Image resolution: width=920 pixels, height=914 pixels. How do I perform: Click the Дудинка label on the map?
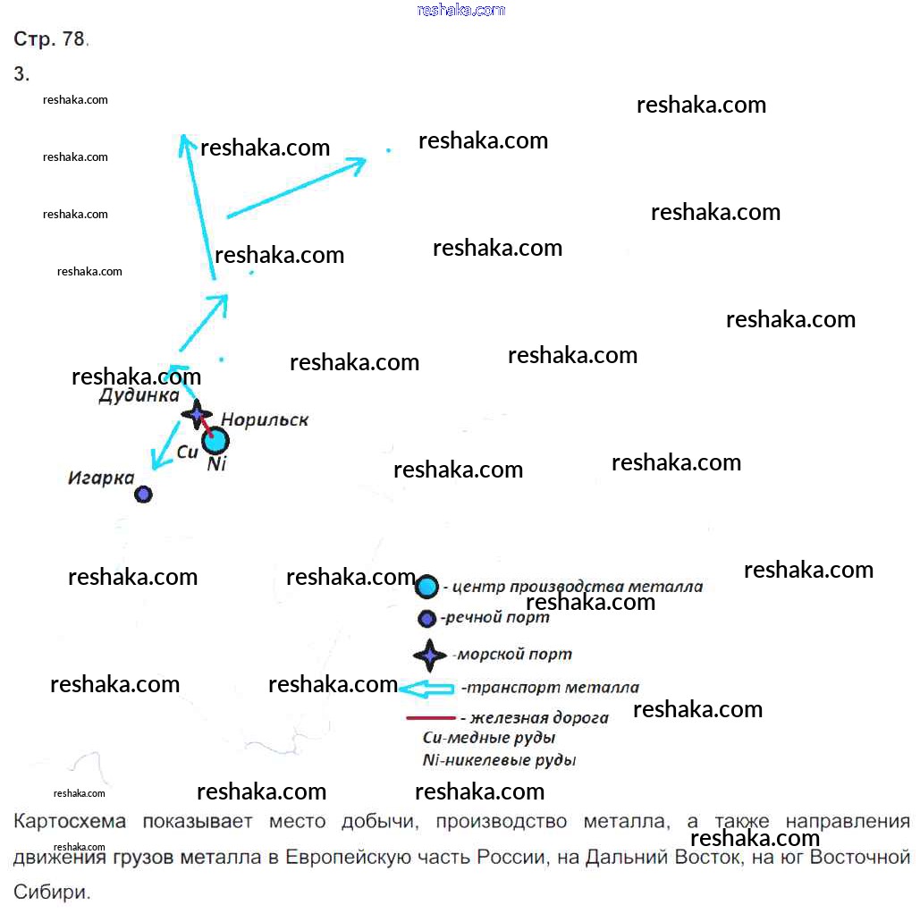click(x=139, y=395)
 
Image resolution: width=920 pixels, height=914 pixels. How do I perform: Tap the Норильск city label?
click(x=264, y=419)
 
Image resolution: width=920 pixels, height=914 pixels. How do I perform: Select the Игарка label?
click(x=101, y=478)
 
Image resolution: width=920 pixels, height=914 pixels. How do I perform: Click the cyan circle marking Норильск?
click(x=215, y=440)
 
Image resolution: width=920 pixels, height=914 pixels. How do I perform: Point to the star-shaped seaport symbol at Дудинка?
click(x=197, y=414)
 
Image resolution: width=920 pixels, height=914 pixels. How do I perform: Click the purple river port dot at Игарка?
click(x=143, y=494)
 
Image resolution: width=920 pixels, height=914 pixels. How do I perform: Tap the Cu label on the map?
click(x=187, y=453)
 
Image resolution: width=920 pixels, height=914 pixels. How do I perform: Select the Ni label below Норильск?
click(x=216, y=465)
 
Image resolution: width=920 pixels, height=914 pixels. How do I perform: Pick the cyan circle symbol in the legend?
click(x=427, y=587)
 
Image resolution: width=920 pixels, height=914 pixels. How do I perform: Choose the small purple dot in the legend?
click(x=427, y=619)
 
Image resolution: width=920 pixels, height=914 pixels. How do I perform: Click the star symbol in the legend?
click(x=430, y=656)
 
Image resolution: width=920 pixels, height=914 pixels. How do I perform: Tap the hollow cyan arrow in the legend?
click(x=426, y=689)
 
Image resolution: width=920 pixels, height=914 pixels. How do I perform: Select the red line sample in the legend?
click(x=431, y=717)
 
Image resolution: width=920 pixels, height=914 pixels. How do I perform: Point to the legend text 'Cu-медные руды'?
click(x=489, y=738)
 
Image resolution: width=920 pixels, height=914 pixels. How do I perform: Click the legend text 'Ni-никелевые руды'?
click(x=499, y=760)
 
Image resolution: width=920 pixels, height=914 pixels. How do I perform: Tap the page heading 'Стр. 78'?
click(x=49, y=38)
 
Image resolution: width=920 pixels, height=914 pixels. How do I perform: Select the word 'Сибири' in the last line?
click(x=51, y=892)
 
